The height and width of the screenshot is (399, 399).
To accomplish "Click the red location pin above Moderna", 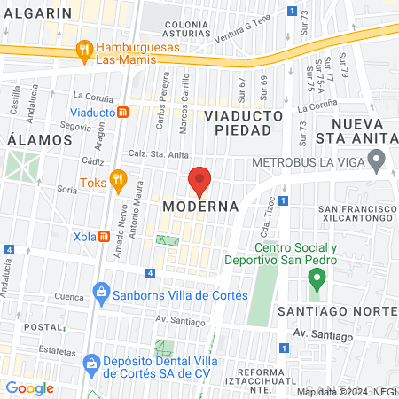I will [199, 181].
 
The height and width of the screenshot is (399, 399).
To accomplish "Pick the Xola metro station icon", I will [105, 237].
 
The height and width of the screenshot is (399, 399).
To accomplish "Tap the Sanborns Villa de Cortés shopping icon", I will [102, 292].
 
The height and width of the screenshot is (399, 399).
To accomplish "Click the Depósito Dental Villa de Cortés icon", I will [90, 363].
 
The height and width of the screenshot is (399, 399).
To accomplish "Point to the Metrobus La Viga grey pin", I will [376, 161].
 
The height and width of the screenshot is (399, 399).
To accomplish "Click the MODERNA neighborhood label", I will [201, 207].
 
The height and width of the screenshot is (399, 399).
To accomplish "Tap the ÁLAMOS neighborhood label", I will [38, 140].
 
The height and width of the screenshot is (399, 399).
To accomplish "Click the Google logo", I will [30, 387].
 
